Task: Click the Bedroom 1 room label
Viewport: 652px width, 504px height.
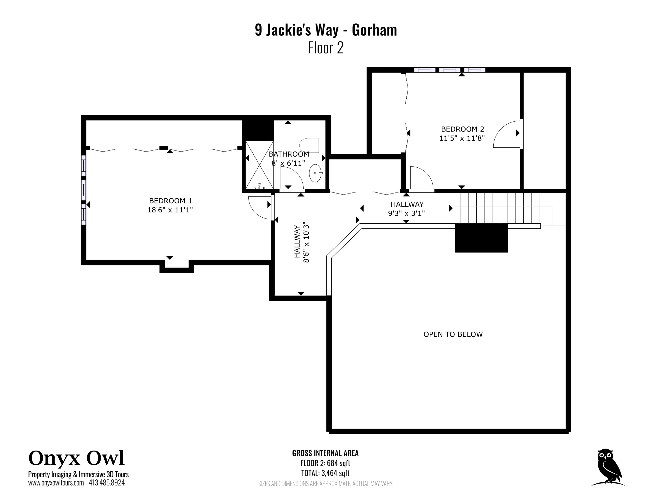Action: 170,201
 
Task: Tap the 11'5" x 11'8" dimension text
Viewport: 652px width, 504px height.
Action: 462,138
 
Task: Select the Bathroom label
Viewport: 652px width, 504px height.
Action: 289,154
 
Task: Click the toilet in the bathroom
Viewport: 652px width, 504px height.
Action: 310,145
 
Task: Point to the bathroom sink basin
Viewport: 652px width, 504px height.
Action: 315,173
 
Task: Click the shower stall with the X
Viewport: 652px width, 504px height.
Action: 259,165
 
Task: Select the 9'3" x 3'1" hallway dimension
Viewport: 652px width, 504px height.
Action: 406,213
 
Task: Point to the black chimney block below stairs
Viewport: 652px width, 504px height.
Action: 481,238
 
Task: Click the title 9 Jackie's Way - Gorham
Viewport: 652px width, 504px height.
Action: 326,30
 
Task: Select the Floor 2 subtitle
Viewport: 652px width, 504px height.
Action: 326,48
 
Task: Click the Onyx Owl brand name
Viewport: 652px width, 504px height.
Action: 77,458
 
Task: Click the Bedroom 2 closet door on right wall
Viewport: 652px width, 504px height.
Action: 507,134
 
